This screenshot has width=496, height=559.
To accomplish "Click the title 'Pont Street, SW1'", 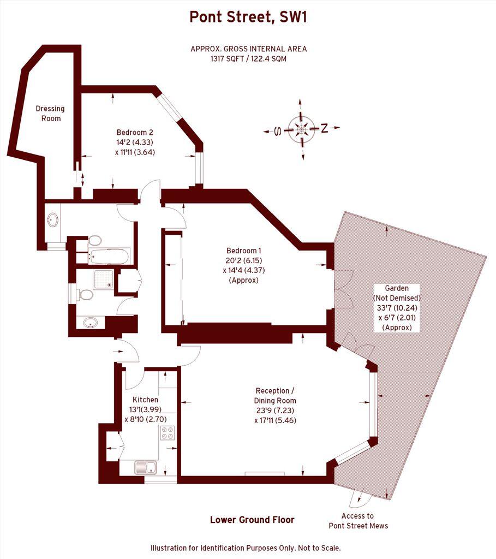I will pyautogui.click(x=248, y=17).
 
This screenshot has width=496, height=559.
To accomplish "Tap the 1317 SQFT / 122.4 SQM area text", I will pyautogui.click(x=248, y=58).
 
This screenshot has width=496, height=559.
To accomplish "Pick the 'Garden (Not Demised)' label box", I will pyautogui.click(x=396, y=308).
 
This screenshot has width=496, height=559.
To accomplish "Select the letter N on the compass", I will pyautogui.click(x=324, y=129).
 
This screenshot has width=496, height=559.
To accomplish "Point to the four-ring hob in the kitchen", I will pyautogui.click(x=167, y=433).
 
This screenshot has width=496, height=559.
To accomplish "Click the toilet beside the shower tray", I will pyautogui.click(x=85, y=295).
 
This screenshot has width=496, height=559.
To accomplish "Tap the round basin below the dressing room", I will pyautogui.click(x=53, y=220).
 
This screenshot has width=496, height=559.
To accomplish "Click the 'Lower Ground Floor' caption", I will pyautogui.click(x=252, y=520).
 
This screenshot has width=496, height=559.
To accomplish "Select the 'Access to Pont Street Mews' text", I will pyautogui.click(x=358, y=521).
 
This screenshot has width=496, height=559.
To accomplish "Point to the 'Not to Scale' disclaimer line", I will pyautogui.click(x=246, y=548).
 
